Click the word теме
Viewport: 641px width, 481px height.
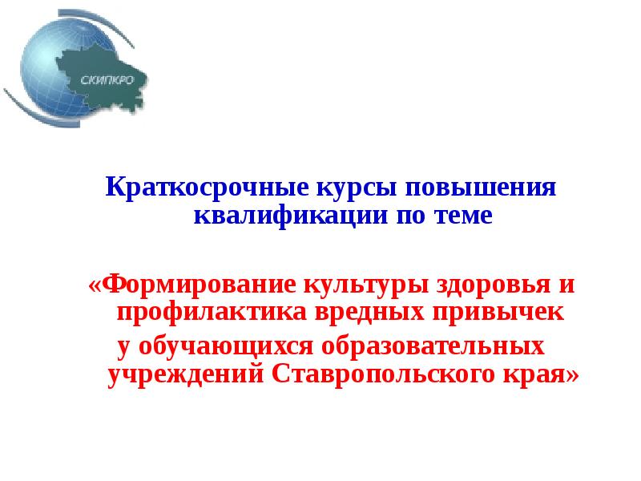coord(459,216)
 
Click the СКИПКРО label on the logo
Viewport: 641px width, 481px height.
coord(101,79)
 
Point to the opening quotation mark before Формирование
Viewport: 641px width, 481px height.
coord(96,285)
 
